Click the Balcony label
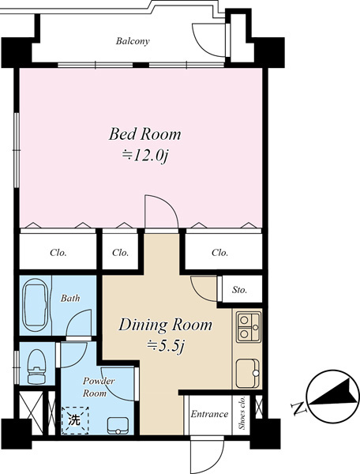coord(133,41)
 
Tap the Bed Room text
coord(145,134)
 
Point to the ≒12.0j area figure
coord(145,156)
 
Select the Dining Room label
coord(166,325)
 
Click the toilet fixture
coord(36,367)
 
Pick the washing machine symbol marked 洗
coord(75,420)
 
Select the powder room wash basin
coord(118,426)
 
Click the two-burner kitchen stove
coord(248,327)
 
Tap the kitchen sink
coord(248,374)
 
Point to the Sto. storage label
coord(239,290)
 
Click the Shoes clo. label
coord(242,412)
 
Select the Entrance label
coord(209,414)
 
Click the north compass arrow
coord(332,392)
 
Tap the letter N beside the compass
coord(299,408)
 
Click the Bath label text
coord(70,299)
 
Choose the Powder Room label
coord(95,387)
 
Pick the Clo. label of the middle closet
coord(120,253)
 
